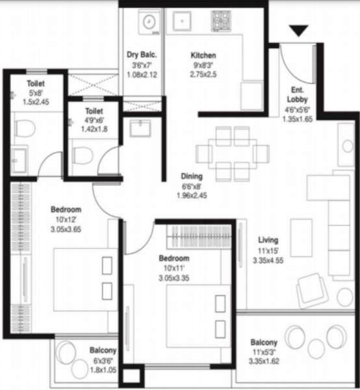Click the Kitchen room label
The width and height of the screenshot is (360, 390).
203,55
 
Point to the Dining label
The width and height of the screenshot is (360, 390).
192,175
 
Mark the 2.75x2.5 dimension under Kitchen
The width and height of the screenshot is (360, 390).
203,75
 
